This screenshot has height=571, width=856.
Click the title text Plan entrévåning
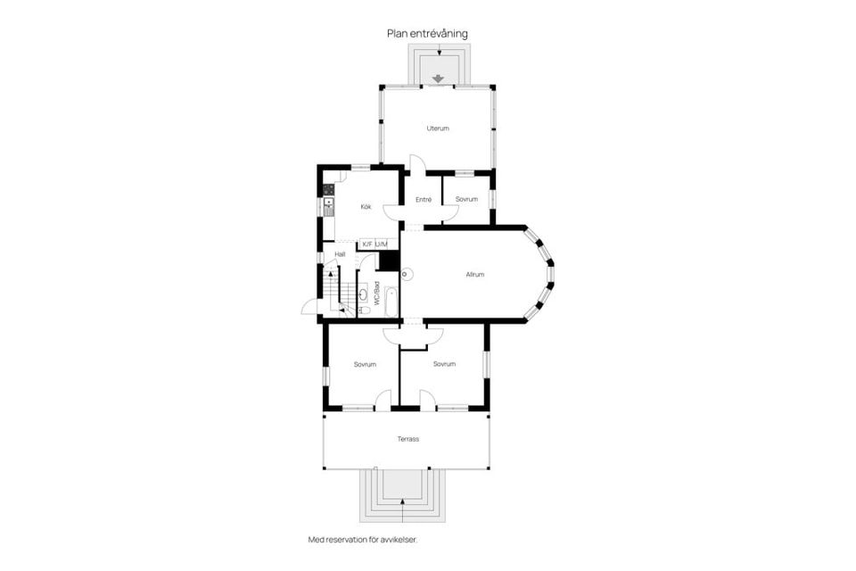[x=427, y=34]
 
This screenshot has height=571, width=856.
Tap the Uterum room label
[x=437, y=128]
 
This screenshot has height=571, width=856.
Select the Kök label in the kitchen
[x=366, y=207]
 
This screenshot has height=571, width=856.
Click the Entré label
[x=424, y=199]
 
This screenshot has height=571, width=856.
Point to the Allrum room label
[x=474, y=275]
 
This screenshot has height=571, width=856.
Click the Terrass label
[x=407, y=439]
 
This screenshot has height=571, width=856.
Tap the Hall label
[x=340, y=254]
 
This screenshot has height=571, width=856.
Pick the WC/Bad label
[x=377, y=294]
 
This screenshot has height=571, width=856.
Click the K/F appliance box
[x=366, y=244]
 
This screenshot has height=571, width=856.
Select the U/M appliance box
[x=381, y=244]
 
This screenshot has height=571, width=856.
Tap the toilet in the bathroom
[x=365, y=310]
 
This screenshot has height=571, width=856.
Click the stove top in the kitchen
[x=329, y=189]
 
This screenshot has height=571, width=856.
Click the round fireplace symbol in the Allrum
[x=407, y=274]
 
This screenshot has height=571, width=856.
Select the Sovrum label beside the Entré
[x=466, y=199]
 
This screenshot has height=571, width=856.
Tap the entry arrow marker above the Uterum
[x=438, y=78]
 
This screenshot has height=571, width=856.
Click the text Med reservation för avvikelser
[x=362, y=540]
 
